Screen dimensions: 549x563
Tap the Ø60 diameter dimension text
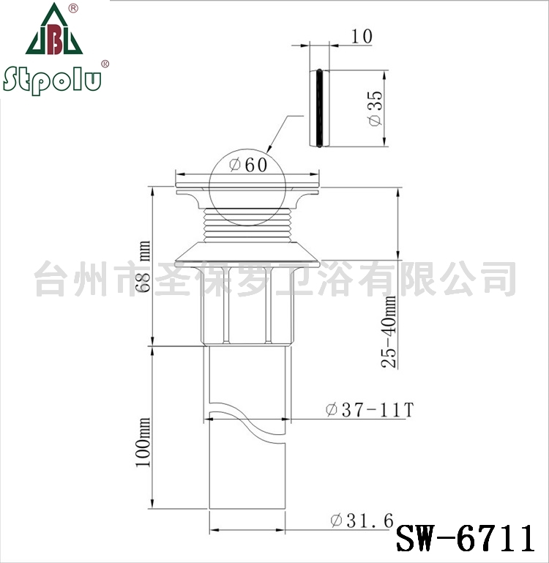248,165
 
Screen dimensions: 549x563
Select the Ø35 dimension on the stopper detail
376,108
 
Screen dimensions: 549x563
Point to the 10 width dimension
362,37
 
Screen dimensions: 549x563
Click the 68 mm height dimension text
143,266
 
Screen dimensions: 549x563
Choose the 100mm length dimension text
143,442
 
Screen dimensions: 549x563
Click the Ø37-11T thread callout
370,410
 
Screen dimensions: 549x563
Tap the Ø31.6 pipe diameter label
362,521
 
